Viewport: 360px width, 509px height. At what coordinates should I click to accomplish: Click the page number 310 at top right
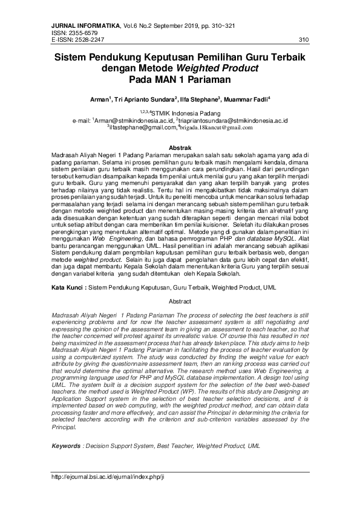click(304, 40)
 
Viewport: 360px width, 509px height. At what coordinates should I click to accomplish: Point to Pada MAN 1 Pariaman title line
click(180, 79)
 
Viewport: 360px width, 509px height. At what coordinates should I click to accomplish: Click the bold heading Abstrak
click(180, 148)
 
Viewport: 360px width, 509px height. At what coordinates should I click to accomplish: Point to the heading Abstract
click(180, 301)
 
